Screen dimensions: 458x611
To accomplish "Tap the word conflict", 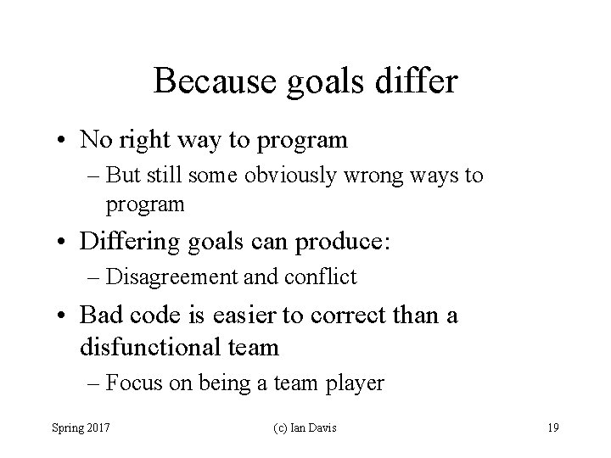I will point(326,276).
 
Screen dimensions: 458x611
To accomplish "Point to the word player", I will point(354,383).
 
